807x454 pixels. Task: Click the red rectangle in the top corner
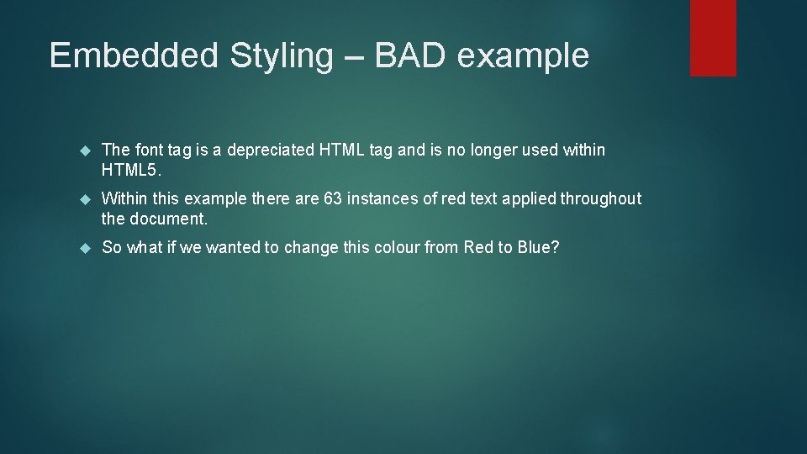[713, 38]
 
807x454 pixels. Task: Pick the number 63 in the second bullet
[333, 198]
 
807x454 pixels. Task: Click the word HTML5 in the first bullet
[131, 170]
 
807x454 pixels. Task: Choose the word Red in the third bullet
[477, 247]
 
